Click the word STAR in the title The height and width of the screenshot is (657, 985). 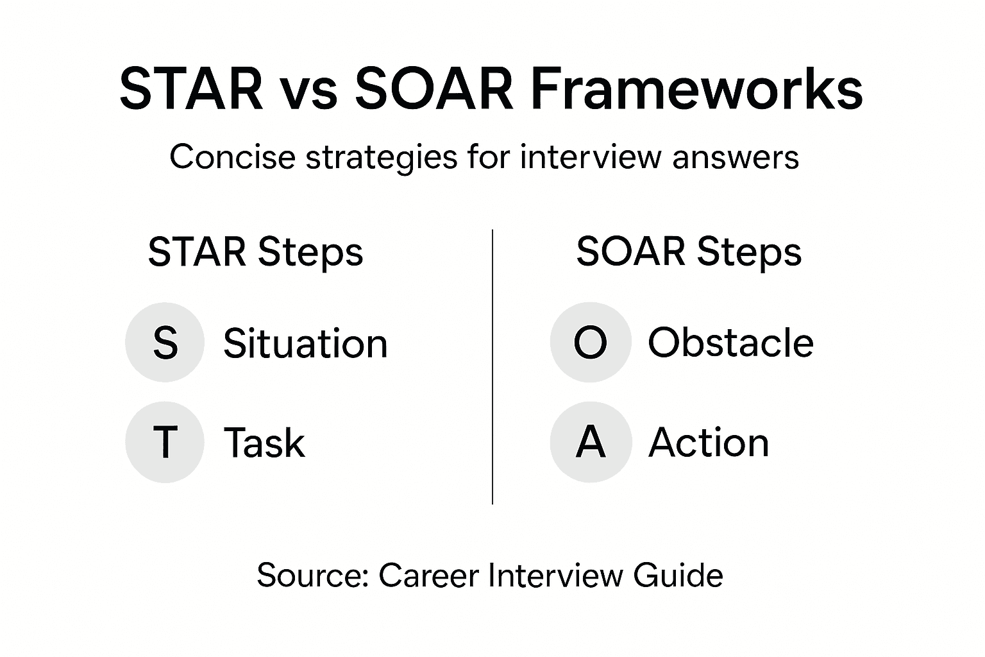(x=191, y=90)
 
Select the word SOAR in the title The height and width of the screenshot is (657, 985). (x=434, y=90)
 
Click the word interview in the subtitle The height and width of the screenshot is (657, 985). (x=590, y=157)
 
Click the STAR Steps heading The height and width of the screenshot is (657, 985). (x=255, y=252)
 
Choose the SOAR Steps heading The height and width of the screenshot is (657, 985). (x=688, y=252)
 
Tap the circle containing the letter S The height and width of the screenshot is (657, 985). (x=165, y=343)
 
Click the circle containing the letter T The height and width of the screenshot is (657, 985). (x=165, y=442)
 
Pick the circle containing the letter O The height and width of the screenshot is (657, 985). (x=591, y=343)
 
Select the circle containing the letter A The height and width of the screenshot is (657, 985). (x=591, y=442)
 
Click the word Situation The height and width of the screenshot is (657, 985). (x=305, y=343)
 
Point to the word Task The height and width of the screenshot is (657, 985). (x=264, y=443)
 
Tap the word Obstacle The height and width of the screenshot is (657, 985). (x=730, y=343)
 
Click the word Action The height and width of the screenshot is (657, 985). (x=709, y=443)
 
